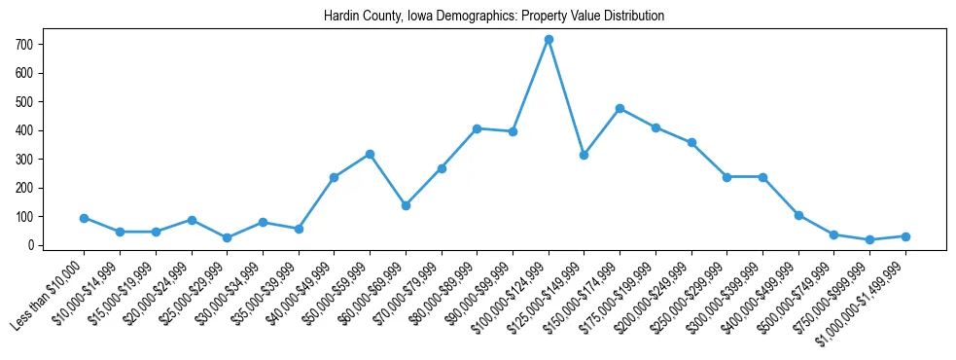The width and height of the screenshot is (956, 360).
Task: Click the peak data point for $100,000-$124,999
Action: click(549, 39)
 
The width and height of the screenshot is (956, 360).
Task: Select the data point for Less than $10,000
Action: click(85, 218)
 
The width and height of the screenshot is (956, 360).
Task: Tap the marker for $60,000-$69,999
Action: click(406, 205)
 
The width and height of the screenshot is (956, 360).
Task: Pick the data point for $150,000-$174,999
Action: click(620, 108)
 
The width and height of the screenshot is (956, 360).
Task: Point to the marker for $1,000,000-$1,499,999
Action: click(905, 236)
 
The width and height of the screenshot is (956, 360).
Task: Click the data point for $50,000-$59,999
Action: click(370, 154)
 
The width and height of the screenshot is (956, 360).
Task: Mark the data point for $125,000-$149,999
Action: click(584, 155)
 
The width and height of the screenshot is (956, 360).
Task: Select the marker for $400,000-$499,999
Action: click(798, 215)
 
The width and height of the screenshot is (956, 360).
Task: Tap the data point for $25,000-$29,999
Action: click(227, 237)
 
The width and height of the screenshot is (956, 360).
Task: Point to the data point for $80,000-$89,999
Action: click(477, 128)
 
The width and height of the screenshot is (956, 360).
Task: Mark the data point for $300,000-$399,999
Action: click(762, 177)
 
